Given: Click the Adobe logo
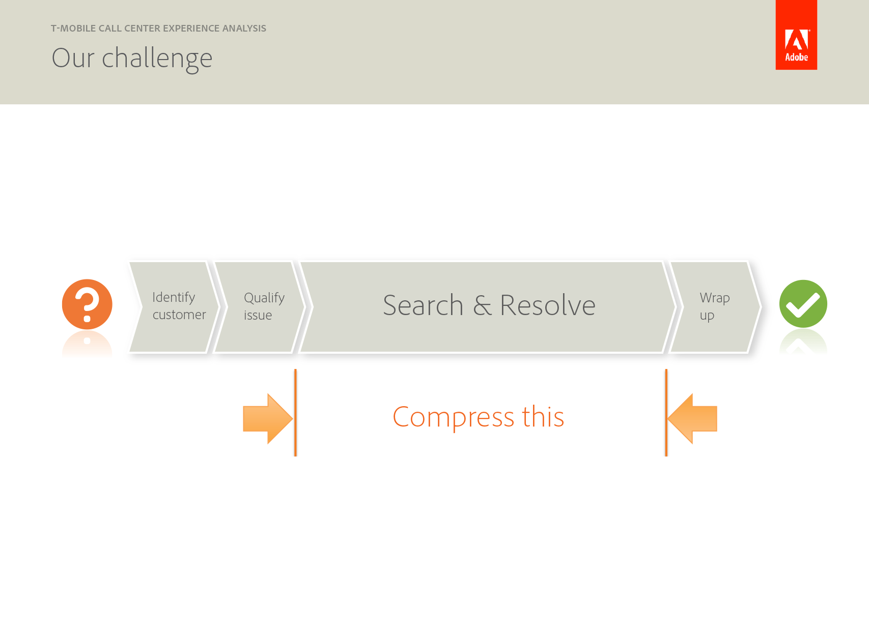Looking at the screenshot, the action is tap(796, 35).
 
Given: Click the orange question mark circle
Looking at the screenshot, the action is tap(87, 304).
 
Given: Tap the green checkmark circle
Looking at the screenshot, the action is tap(803, 304).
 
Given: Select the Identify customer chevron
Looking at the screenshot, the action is tap(174, 307).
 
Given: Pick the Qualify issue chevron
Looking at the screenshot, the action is tap(259, 307).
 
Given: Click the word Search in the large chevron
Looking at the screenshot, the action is tap(423, 305).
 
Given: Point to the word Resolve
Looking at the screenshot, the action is tap(547, 305).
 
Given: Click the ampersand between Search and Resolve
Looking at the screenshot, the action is tap(482, 305).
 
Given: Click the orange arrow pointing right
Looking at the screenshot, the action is tap(268, 418).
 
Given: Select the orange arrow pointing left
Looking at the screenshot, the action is tap(692, 418).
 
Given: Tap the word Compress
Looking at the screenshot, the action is tap(454, 418).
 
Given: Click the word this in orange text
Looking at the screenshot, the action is tap(543, 416).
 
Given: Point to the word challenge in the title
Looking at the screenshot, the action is tap(157, 60).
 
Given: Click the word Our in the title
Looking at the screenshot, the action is tap(73, 58).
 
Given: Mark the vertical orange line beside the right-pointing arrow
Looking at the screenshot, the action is tap(295, 413).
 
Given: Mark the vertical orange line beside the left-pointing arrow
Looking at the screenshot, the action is tap(666, 413).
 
